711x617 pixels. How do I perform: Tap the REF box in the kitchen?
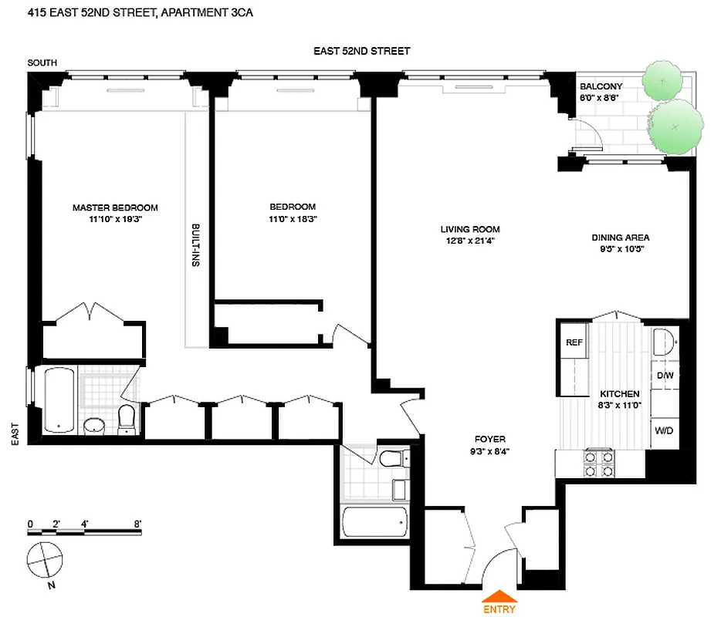point(574,342)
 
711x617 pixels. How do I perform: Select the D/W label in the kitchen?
point(665,375)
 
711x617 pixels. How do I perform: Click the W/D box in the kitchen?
point(664,430)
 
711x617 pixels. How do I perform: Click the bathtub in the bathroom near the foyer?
point(374,524)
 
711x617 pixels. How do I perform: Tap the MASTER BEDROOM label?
point(115,207)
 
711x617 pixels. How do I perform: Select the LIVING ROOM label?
point(470,229)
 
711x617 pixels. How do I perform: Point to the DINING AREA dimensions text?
point(620,249)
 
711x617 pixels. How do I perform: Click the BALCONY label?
point(601,86)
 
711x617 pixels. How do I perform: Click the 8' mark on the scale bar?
point(137,524)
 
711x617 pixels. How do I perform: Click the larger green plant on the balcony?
point(672,127)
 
